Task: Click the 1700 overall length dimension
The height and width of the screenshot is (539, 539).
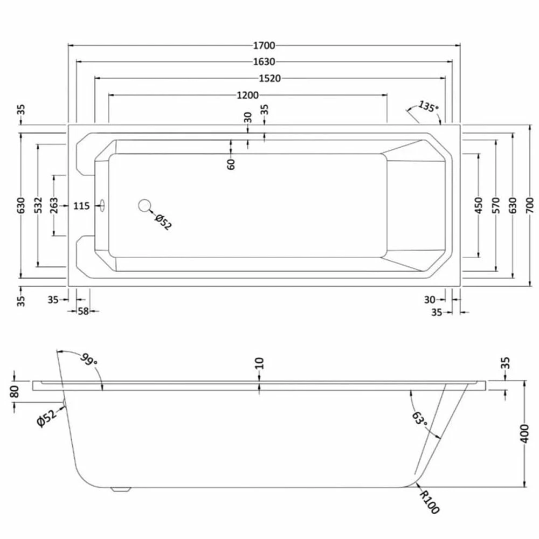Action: [x=264, y=45]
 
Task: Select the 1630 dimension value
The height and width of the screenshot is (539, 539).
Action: [x=264, y=61]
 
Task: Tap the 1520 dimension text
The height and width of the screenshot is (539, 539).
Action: [x=269, y=78]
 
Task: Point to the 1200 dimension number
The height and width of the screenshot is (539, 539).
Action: [x=248, y=95]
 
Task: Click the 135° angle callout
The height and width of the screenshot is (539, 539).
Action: [x=426, y=106]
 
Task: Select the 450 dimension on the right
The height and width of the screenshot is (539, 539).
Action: [x=479, y=204]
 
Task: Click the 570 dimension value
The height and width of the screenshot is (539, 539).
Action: [x=495, y=204]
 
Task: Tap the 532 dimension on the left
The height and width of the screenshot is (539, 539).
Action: [x=38, y=205]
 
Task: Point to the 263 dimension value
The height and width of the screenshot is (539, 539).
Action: [x=54, y=205]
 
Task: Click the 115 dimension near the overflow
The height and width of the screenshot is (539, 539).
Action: [x=81, y=205]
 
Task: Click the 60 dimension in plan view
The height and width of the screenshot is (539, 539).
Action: [x=231, y=163]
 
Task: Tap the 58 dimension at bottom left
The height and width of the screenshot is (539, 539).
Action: [x=82, y=311]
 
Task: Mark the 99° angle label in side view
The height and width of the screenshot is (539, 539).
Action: [x=89, y=359]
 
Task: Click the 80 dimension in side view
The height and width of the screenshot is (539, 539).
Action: [x=15, y=390]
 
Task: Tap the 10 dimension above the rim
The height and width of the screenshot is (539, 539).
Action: [x=260, y=363]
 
